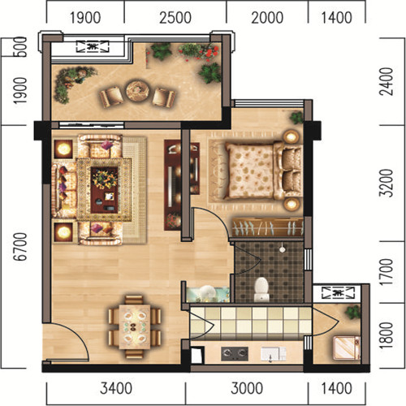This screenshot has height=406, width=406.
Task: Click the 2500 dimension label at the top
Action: point(175,18)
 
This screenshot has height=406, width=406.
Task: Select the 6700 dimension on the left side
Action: point(20,247)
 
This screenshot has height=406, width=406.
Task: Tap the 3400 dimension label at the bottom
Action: point(116,388)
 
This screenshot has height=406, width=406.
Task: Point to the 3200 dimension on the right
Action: point(386,184)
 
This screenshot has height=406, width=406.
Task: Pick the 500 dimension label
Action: point(20,47)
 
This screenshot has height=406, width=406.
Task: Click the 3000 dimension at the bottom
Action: point(247,388)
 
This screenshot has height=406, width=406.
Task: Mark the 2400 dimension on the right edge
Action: point(386,81)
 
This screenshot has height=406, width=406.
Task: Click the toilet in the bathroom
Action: point(261,289)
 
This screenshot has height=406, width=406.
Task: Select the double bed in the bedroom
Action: point(264,171)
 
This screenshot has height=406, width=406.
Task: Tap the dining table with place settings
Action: point(135,326)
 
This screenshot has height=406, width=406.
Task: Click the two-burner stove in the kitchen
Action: point(235,353)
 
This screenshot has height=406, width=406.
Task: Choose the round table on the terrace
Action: point(137,90)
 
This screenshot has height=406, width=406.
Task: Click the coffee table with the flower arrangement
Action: point(105,190)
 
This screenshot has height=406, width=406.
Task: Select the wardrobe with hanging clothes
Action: point(268,227)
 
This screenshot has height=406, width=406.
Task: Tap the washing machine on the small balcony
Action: point(347,348)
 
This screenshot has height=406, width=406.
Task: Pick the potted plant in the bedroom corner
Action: point(297,118)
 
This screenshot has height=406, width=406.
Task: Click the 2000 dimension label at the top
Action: point(267,18)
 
